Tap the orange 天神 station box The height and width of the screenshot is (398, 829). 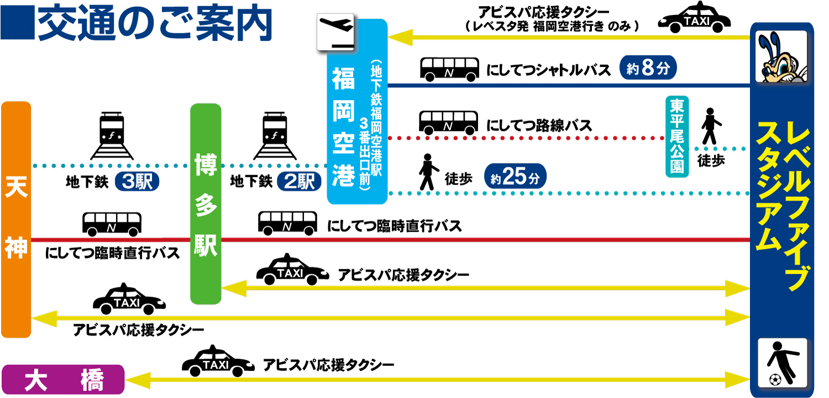pos(16,219)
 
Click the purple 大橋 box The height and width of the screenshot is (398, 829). pos(63,380)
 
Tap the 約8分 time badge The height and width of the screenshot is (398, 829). pos(648,69)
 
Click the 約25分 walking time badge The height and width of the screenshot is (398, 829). pos(515,178)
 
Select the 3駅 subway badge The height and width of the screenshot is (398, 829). pos(137,181)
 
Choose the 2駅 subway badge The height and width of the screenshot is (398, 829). pos(300,181)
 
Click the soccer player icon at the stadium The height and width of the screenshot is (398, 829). pos(783,363)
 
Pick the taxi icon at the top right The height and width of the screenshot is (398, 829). pos(694,18)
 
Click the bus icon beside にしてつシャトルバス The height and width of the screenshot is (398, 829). pos(450,70)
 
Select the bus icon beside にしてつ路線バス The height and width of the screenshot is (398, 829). pos(448,123)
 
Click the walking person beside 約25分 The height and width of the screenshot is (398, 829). pos(427,172)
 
